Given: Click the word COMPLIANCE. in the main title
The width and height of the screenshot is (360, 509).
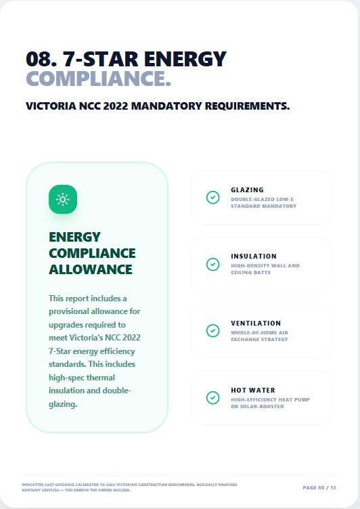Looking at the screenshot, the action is pyautogui.click(x=98, y=79).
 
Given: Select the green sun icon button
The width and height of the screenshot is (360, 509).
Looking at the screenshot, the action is pyautogui.click(x=63, y=199).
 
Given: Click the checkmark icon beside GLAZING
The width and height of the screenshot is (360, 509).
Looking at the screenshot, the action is pyautogui.click(x=212, y=198).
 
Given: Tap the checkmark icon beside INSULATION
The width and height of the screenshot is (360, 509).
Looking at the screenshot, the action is pyautogui.click(x=212, y=264).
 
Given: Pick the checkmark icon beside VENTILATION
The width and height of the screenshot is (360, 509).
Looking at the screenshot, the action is pyautogui.click(x=212, y=331).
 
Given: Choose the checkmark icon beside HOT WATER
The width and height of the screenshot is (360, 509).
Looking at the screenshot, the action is pyautogui.click(x=212, y=397).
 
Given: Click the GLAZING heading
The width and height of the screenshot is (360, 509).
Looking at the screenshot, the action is pyautogui.click(x=247, y=190).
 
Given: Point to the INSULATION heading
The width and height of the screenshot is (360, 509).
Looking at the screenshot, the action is pyautogui.click(x=253, y=257).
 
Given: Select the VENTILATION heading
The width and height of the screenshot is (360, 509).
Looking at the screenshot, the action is pyautogui.click(x=255, y=324).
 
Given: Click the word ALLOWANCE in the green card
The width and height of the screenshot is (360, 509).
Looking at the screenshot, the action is pyautogui.click(x=91, y=269).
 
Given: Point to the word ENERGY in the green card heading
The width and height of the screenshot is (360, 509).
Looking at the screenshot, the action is pyautogui.click(x=74, y=237).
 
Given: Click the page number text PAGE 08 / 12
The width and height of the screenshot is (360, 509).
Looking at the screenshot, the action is pyautogui.click(x=319, y=487).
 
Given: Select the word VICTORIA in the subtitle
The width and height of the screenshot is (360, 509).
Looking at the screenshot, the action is pyautogui.click(x=51, y=106).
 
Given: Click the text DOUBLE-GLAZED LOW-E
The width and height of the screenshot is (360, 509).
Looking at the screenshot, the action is pyautogui.click(x=263, y=199).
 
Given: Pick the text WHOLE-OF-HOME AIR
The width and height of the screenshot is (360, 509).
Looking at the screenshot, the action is pyautogui.click(x=259, y=332).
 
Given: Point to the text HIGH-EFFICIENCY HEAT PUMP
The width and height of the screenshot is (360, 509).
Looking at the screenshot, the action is pyautogui.click(x=270, y=399).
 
